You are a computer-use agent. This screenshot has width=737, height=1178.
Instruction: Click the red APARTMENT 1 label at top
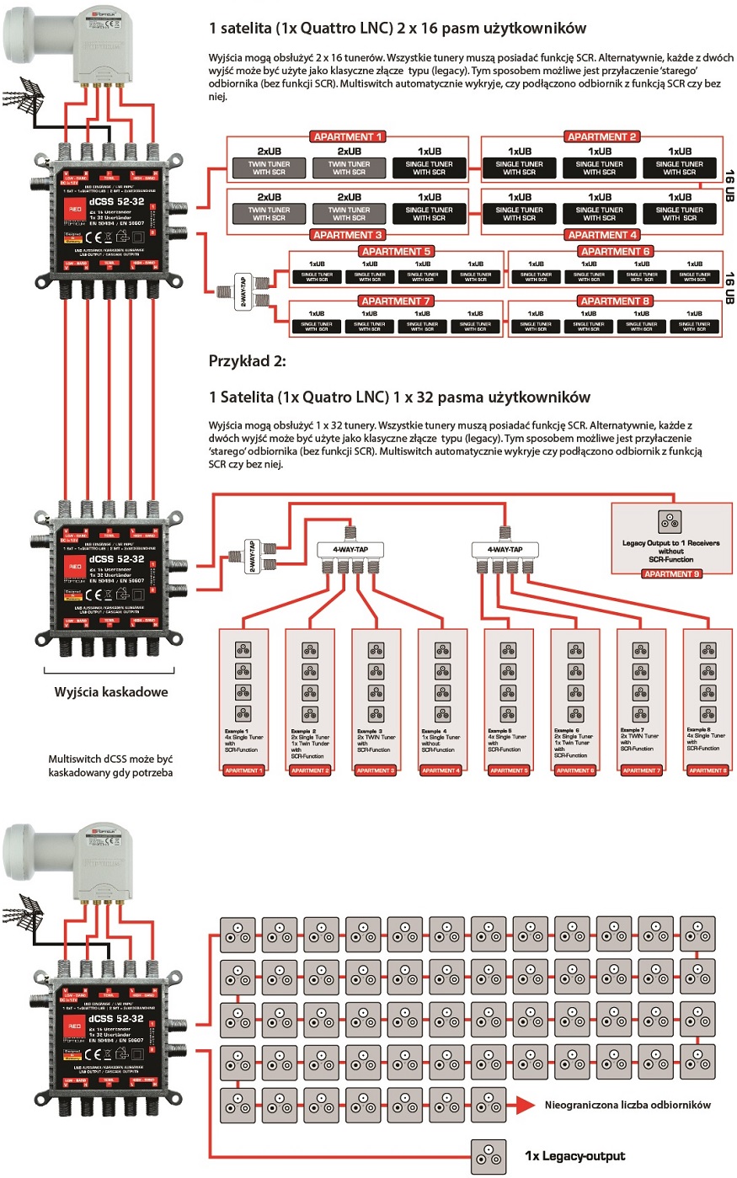pyautogui.click(x=348, y=136)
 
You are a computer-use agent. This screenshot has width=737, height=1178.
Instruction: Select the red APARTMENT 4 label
pyautogui.click(x=602, y=235)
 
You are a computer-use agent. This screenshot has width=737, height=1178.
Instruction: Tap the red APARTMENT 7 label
pyautogui.click(x=396, y=301)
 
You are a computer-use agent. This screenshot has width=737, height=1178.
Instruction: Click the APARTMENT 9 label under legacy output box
pyautogui.click(x=670, y=574)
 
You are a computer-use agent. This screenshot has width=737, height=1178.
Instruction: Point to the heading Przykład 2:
pyautogui.click(x=247, y=361)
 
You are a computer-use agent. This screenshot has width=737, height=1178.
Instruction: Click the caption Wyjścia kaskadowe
pyautogui.click(x=111, y=692)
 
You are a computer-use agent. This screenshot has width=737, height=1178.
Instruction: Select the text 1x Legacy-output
pyautogui.click(x=574, y=1156)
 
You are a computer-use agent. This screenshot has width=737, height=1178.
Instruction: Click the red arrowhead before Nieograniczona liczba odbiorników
pyautogui.click(x=525, y=1105)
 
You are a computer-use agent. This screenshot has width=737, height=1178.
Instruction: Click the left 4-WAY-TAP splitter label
pyautogui.click(x=350, y=550)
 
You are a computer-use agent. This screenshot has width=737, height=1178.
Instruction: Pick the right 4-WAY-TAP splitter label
pyautogui.click(x=505, y=550)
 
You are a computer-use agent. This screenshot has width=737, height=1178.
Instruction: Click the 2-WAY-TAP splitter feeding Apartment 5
pyautogui.click(x=243, y=291)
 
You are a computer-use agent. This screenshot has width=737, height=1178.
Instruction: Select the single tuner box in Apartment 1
pyautogui.click(x=430, y=168)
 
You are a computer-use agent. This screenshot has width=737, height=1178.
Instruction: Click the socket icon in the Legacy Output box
pyautogui.click(x=670, y=521)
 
